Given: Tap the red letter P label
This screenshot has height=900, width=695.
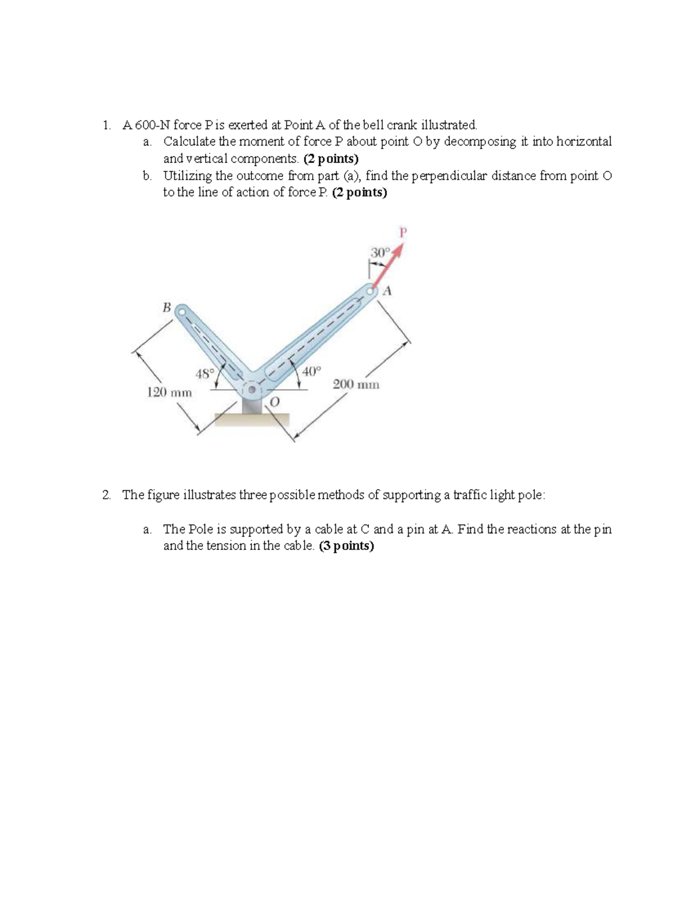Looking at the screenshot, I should coord(404,232).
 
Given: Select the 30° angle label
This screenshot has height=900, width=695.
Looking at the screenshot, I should coord(379,253).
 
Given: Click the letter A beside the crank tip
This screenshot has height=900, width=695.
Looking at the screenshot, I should coord(388,291).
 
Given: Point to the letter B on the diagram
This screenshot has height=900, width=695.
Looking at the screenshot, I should coord(166,308).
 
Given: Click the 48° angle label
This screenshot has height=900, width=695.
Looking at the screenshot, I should coord(204,373).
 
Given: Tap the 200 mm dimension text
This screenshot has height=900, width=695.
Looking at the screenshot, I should coord(356,384).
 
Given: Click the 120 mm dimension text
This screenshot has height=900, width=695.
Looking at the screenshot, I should coord(169,392).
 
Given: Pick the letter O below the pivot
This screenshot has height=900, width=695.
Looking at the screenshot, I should coord(275,402).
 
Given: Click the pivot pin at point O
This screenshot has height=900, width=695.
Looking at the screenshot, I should coord(252,390).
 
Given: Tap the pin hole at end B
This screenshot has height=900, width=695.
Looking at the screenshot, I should coord(181,311).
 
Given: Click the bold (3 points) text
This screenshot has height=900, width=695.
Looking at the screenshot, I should coord(346,546).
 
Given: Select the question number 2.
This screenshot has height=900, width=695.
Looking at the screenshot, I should coord(105,495).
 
